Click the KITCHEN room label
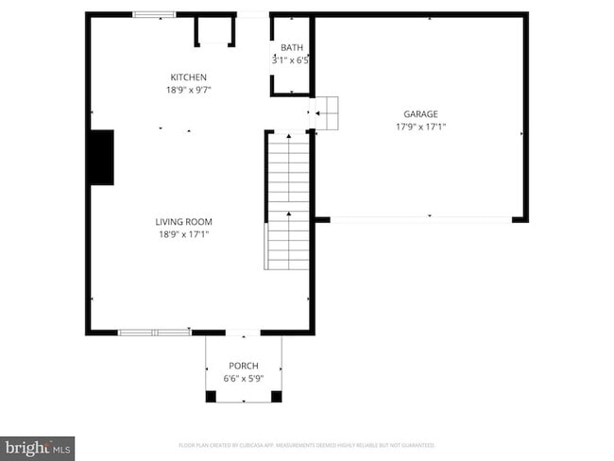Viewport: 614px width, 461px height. (188, 77)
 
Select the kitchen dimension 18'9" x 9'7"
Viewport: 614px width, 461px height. (188, 91)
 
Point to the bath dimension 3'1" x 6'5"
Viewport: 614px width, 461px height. (291, 60)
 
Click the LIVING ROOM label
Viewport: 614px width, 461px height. (183, 222)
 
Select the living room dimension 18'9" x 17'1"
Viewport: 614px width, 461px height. (183, 235)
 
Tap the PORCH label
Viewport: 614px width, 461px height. (243, 366)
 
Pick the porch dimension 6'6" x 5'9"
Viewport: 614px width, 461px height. (243, 379)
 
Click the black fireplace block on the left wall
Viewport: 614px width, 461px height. (101, 158)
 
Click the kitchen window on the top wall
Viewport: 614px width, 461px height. (154, 14)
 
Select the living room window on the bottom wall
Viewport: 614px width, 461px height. (154, 333)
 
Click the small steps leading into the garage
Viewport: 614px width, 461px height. (326, 112)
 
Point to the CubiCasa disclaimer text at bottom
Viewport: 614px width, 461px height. (307, 444)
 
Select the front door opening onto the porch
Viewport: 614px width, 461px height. (243, 333)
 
